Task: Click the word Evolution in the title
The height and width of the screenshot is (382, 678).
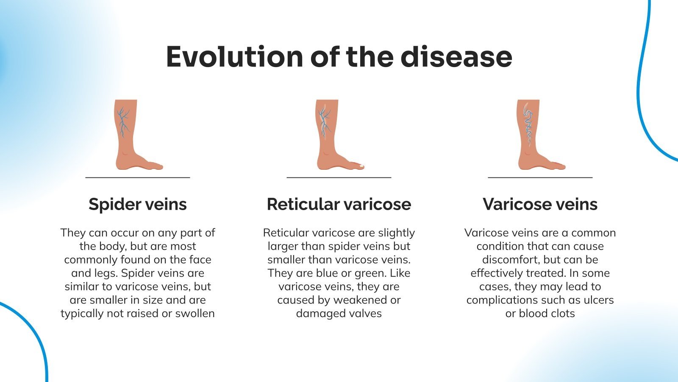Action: pyautogui.click(x=234, y=57)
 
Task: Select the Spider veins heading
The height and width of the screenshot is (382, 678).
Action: pyautogui.click(x=137, y=204)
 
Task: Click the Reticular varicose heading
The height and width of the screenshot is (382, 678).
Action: pyautogui.click(x=339, y=204)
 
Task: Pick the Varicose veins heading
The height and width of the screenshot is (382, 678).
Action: pyautogui.click(x=540, y=204)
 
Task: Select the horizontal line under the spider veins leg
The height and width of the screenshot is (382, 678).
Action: pyautogui.click(x=137, y=177)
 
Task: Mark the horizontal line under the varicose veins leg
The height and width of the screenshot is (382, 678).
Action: pyautogui.click(x=540, y=177)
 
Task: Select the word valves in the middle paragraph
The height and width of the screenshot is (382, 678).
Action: pyautogui.click(x=364, y=314)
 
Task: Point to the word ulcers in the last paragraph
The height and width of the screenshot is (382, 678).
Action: pyautogui.click(x=598, y=300)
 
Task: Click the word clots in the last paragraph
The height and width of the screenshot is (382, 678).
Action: pyautogui.click(x=561, y=314)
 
